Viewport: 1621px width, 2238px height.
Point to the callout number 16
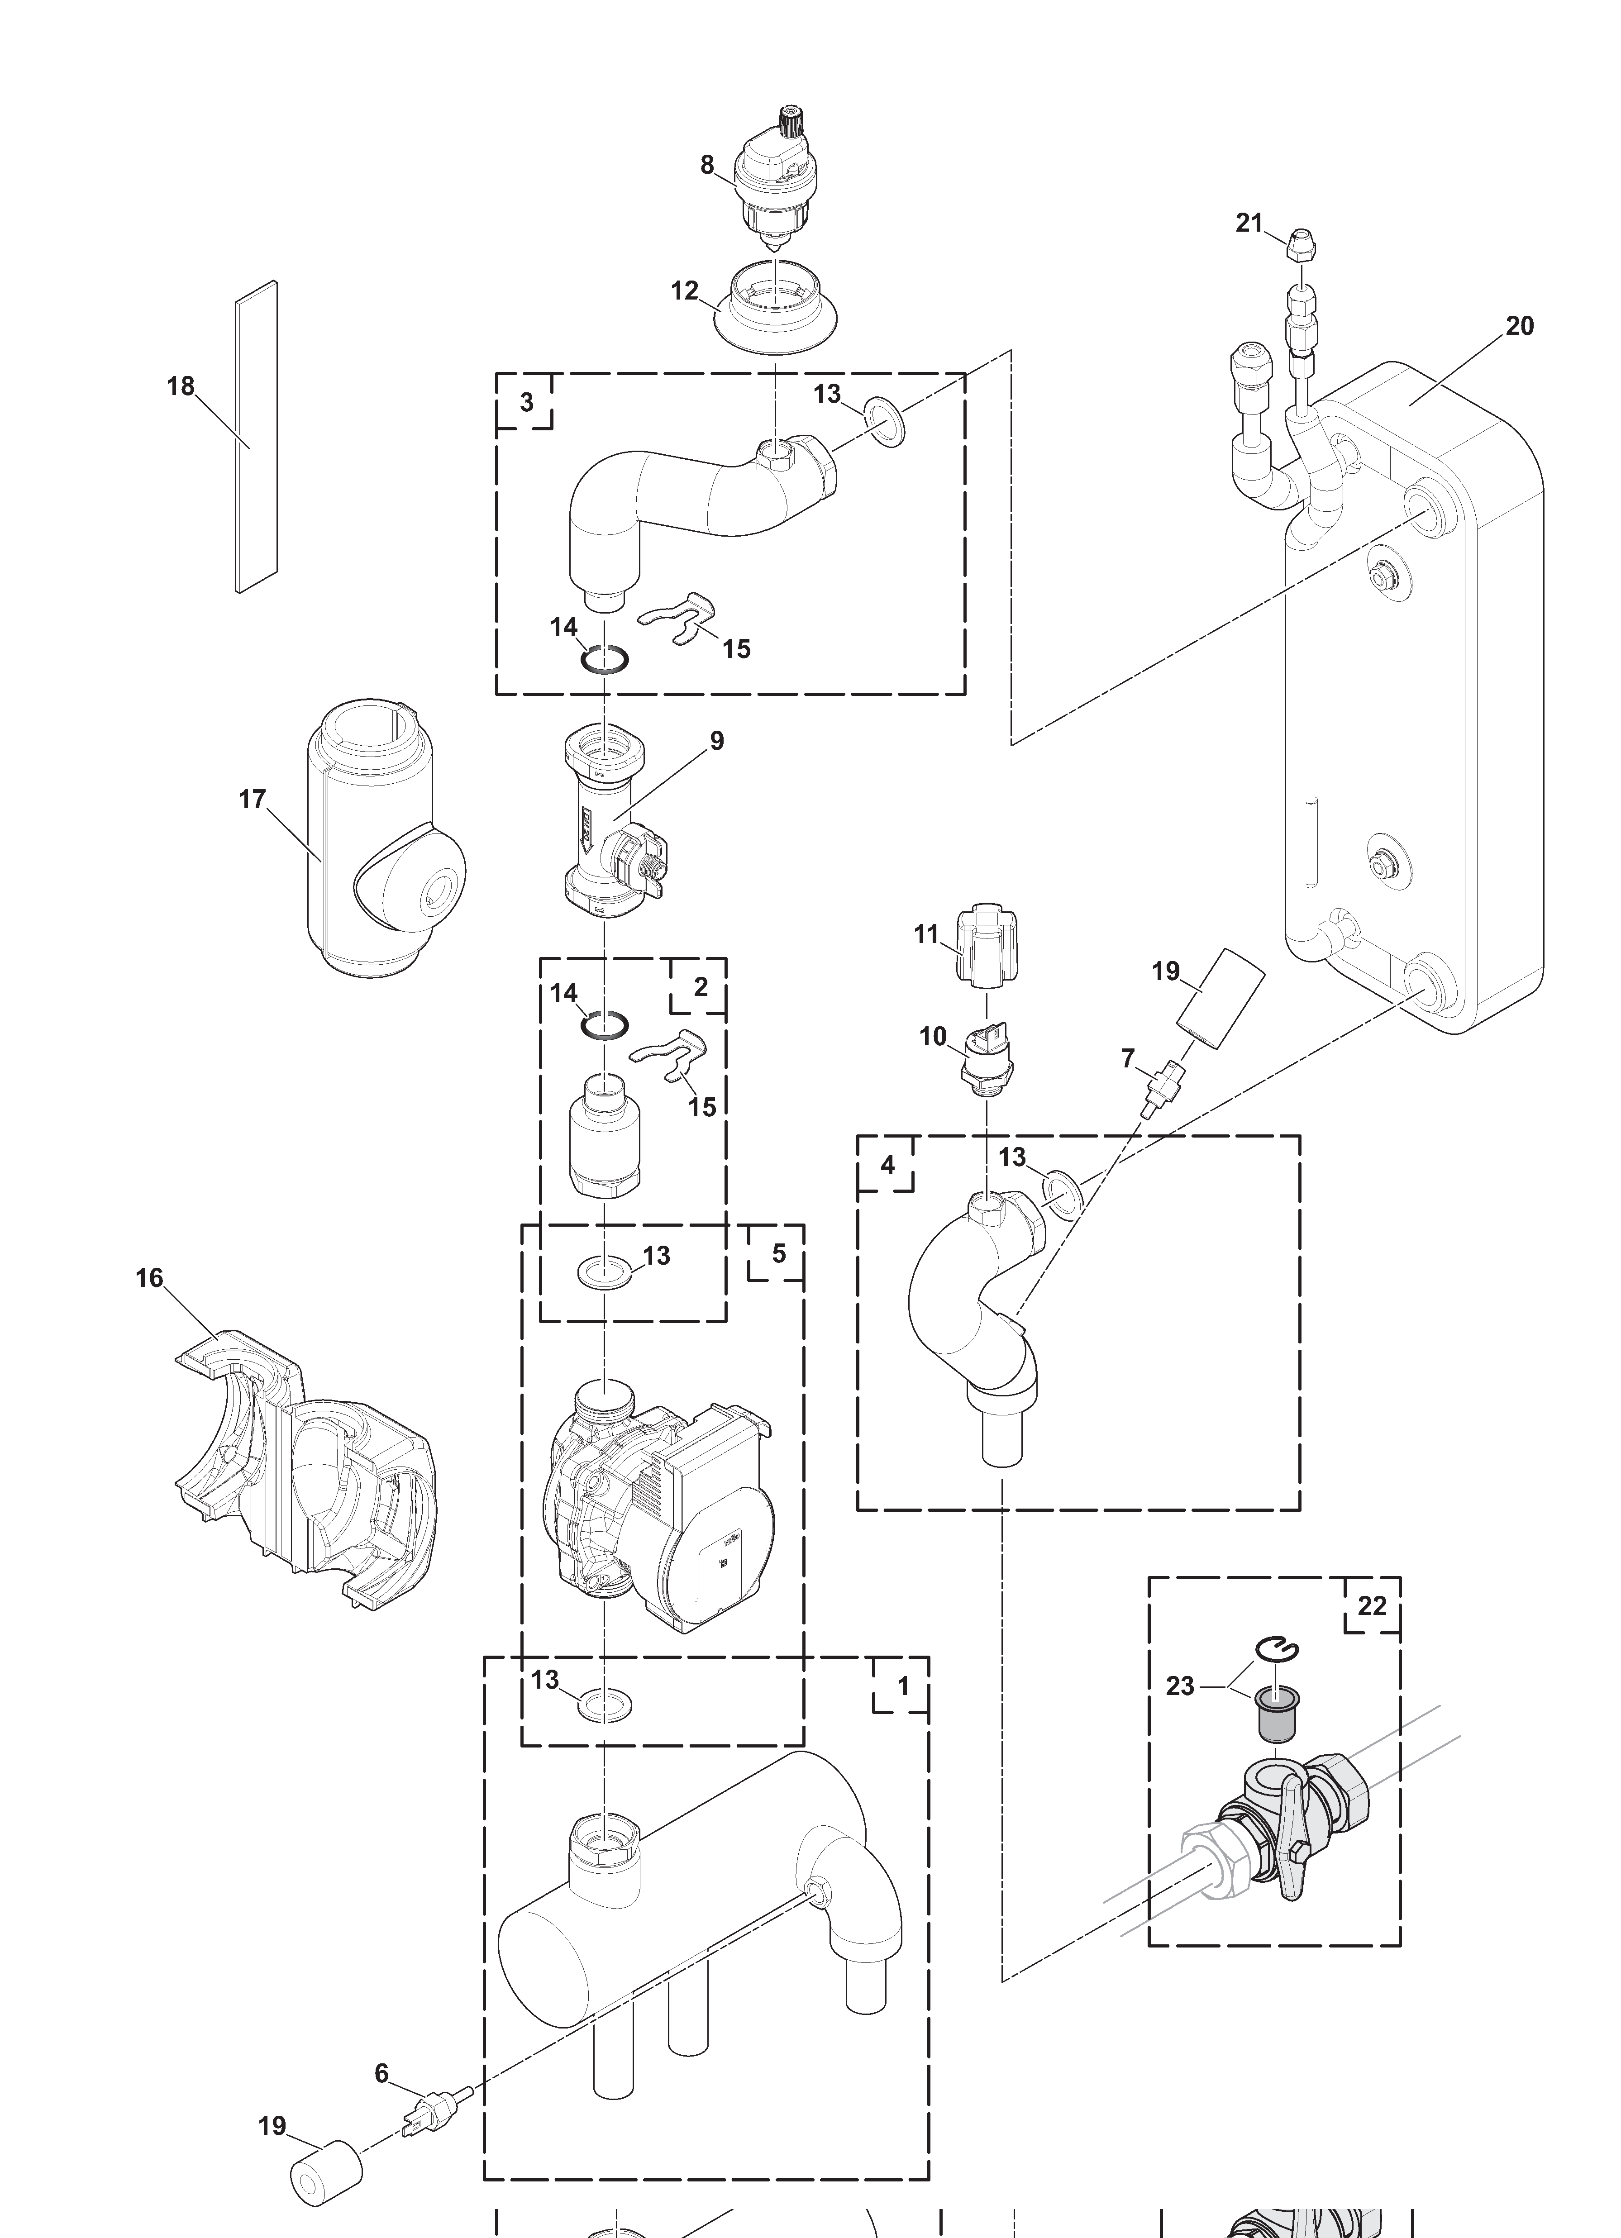coord(149,1279)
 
